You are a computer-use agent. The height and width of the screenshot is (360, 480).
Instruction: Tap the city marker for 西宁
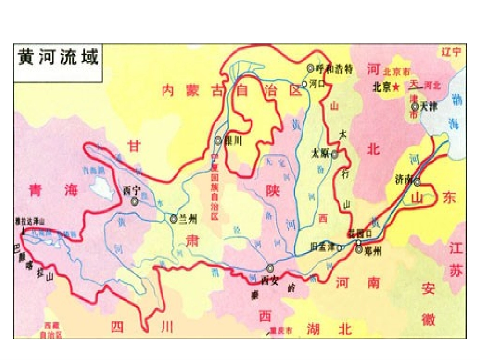[135, 201]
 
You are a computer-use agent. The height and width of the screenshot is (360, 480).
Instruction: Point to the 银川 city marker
[218, 141]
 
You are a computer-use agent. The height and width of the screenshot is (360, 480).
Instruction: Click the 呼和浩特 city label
[333, 68]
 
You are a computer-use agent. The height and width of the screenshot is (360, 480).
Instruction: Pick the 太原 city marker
[334, 155]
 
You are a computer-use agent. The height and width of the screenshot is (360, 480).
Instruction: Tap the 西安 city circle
[271, 268]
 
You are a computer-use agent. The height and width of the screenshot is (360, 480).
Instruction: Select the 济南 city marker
[417, 182]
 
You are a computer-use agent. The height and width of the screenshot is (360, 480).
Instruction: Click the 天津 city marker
[415, 107]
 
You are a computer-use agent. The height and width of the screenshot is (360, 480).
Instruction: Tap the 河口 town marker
[305, 83]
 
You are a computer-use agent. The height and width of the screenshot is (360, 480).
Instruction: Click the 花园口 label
[359, 233]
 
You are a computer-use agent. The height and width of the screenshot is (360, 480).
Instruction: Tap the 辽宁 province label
[451, 52]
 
